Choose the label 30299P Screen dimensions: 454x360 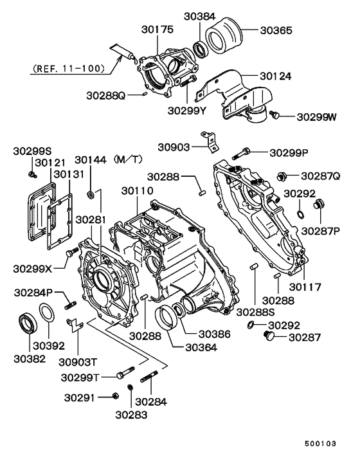289,153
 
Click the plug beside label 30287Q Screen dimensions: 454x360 280,176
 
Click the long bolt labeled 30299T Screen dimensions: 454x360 125,373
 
